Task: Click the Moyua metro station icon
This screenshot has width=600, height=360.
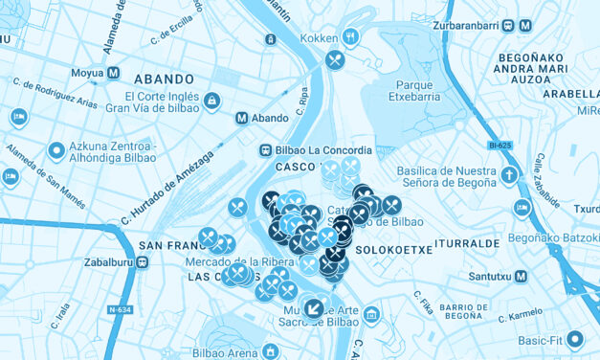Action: (x=114, y=73)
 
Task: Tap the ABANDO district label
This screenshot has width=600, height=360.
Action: (x=166, y=79)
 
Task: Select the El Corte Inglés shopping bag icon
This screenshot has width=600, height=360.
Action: (x=211, y=101)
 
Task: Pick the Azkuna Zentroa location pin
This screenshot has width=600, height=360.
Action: (x=56, y=151)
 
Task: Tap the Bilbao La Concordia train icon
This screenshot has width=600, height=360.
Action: (x=264, y=149)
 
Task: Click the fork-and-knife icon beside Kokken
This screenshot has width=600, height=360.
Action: (x=351, y=38)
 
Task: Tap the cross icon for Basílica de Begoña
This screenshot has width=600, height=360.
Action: (x=510, y=175)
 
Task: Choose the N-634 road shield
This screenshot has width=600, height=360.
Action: (x=120, y=309)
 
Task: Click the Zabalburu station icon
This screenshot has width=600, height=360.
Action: (x=142, y=261)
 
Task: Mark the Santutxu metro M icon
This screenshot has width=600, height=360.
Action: (x=521, y=276)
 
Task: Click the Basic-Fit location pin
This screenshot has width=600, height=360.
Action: (x=575, y=338)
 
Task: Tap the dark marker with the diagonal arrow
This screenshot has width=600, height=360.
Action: (x=313, y=307)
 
